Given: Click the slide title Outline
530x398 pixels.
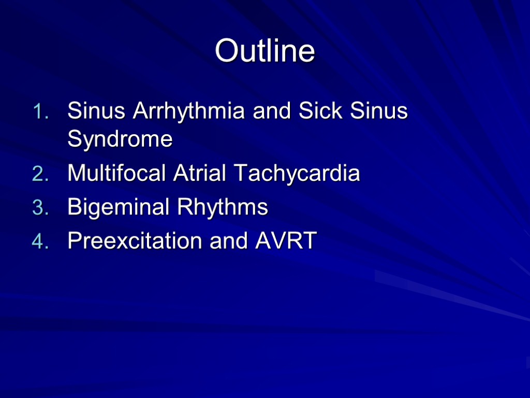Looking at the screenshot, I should (265, 51).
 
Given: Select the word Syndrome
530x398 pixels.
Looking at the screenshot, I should (120, 139).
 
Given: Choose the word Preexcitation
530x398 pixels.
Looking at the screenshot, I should (135, 241).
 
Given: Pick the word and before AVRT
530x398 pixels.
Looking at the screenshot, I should (226, 241).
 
